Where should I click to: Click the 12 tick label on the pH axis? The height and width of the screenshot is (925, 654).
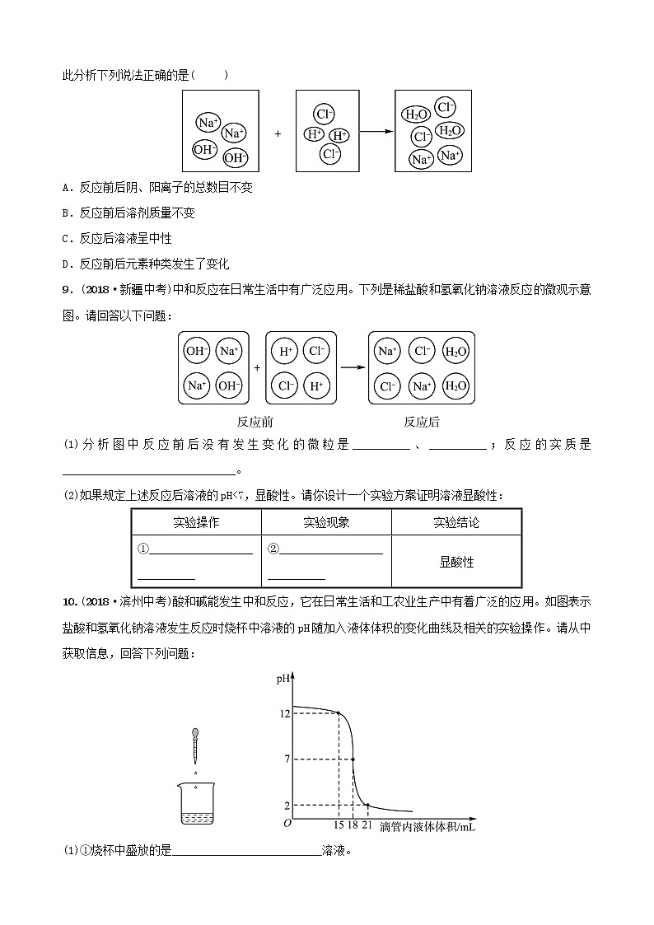coord(284,713)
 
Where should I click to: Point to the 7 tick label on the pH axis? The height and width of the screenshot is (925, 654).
coord(287,759)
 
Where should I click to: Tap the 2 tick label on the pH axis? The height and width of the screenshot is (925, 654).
coord(287,805)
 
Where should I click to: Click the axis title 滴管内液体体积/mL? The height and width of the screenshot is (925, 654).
coord(427,826)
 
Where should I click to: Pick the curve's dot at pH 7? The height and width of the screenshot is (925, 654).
coord(353,759)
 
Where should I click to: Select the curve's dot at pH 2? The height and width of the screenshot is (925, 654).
coord(367,805)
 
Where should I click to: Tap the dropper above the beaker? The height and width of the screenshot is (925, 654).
coord(195,745)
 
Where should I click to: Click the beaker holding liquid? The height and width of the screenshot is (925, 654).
coord(195,804)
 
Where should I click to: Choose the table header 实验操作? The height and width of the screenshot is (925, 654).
coord(196,522)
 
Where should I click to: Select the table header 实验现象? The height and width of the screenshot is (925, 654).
coord(326,522)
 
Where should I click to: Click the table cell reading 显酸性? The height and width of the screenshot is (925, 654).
coord(456,562)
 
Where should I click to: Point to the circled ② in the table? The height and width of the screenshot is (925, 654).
coord(273,549)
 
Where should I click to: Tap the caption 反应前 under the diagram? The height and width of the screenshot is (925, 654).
coord(255,422)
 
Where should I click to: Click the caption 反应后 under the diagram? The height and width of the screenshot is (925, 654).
coord(421,422)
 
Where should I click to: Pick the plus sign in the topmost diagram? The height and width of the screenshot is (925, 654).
coord(278,132)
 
